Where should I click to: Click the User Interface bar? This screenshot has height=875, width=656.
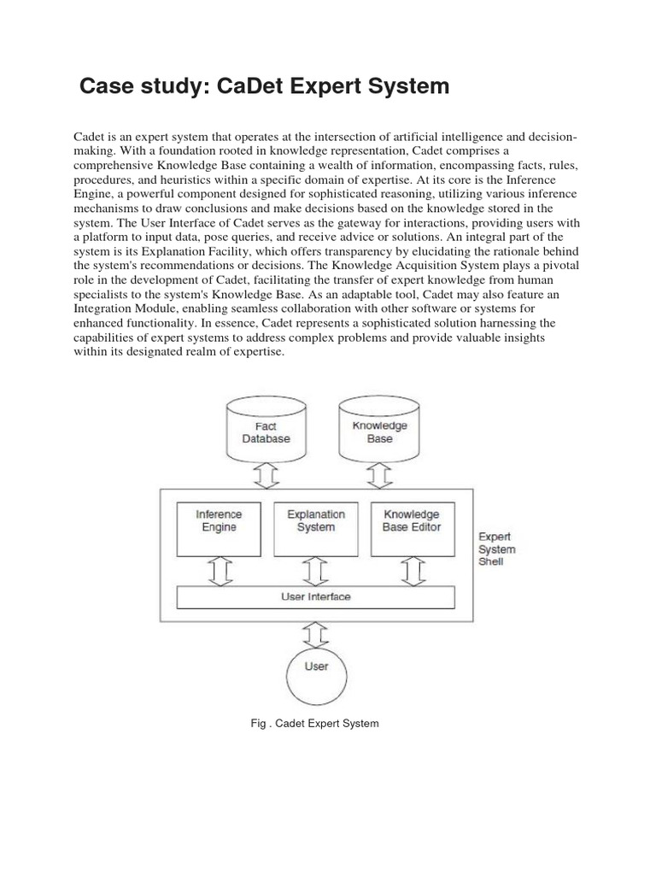(315, 596)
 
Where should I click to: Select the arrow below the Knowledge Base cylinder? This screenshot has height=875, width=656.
(379, 476)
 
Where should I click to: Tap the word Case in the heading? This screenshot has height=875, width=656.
(106, 86)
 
